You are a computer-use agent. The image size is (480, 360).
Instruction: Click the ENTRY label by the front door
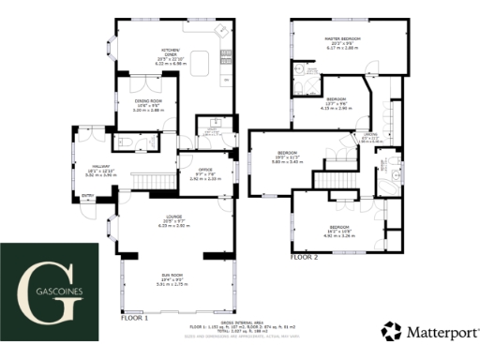point(88,197)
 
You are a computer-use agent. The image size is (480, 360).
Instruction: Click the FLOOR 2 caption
point(304,257)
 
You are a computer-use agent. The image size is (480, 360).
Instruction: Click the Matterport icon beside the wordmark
point(391,331)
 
